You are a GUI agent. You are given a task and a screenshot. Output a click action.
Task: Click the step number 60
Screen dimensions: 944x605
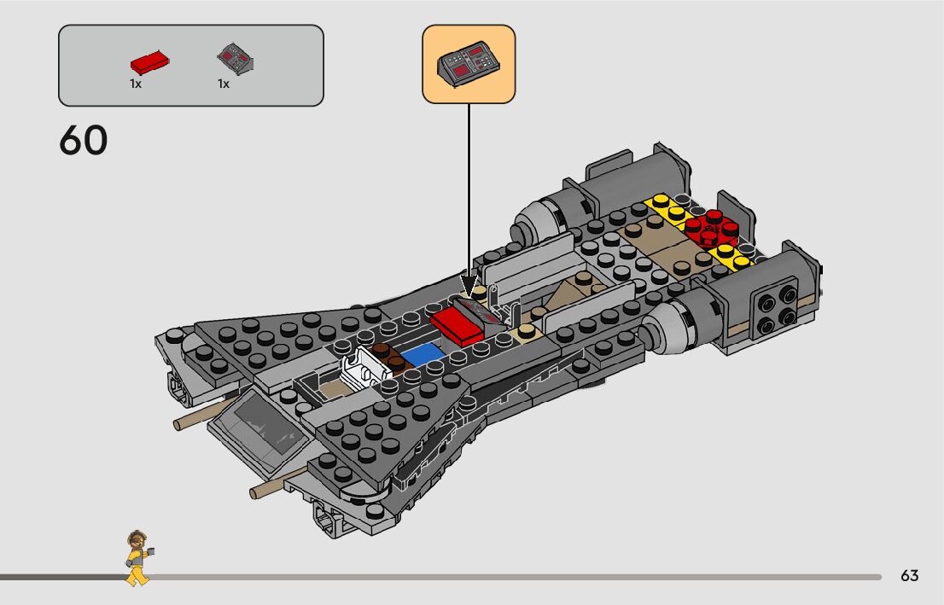point(84,141)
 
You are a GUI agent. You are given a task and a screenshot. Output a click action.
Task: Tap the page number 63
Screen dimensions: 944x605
point(909,576)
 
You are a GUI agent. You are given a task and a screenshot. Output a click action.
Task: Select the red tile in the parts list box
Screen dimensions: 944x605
point(149,62)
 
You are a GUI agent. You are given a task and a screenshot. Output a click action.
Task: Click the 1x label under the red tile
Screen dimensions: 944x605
point(136,84)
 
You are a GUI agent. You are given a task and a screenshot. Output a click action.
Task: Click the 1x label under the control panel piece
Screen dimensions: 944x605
point(224,84)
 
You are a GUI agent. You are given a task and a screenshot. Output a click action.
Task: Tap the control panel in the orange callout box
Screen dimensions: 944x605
point(469,64)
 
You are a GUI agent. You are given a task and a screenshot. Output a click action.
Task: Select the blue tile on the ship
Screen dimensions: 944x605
point(422,353)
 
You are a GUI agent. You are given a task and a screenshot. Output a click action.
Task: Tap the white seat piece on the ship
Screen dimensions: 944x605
point(362,369)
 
